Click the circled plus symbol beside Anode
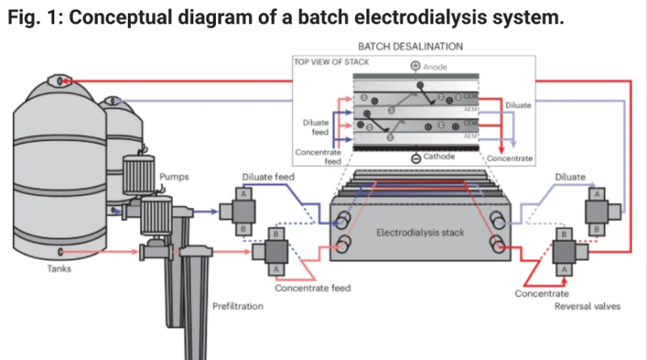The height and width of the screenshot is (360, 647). coord(416,66)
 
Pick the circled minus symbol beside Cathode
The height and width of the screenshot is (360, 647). coord(416,159)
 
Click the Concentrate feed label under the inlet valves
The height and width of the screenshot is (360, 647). coord(312,287)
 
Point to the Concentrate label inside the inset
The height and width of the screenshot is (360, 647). coord(509,159)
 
